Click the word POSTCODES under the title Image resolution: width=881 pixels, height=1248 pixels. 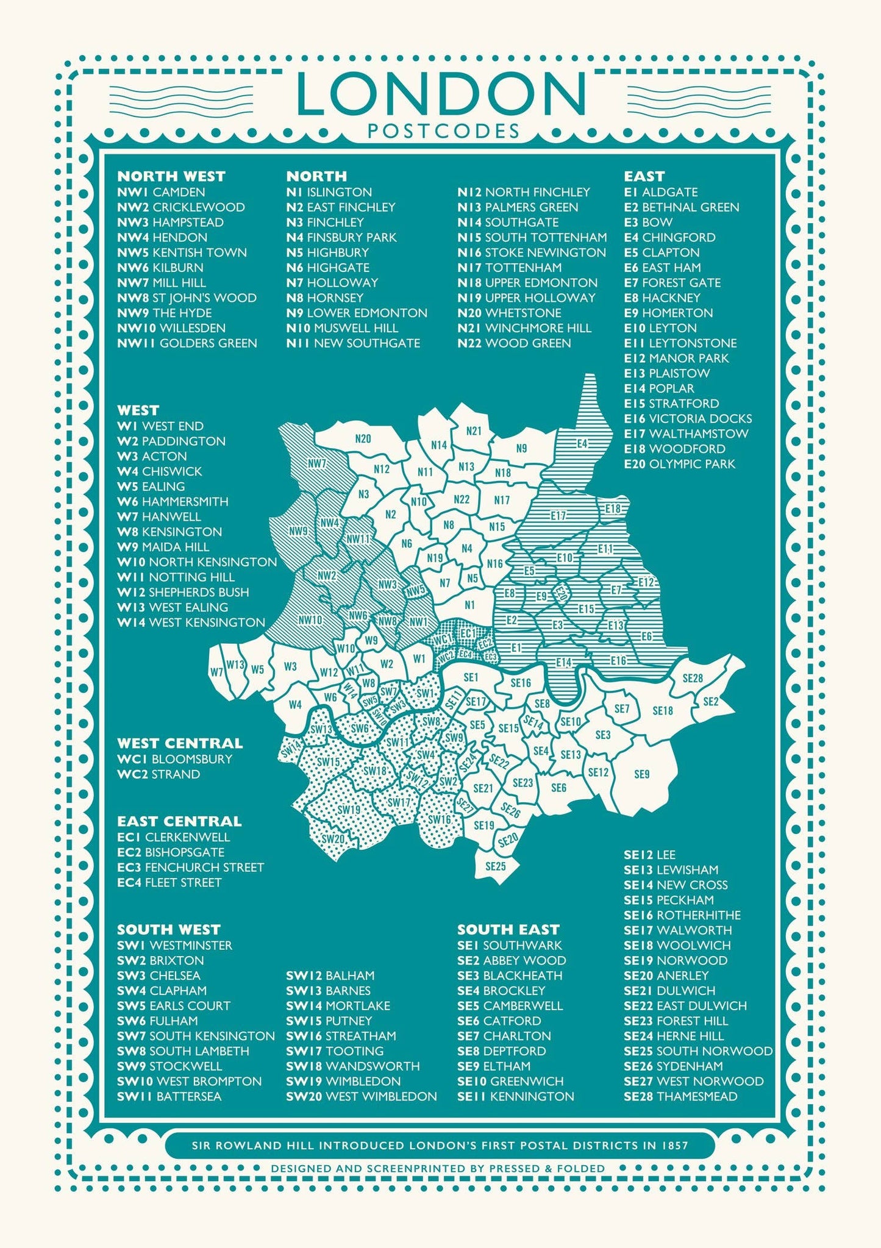(443, 131)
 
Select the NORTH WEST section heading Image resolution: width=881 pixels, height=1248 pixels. (171, 176)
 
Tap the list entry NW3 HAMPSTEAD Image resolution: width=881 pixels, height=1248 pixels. (170, 222)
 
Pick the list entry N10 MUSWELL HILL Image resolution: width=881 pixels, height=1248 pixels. (342, 328)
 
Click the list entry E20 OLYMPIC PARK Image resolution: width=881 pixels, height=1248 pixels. (679, 464)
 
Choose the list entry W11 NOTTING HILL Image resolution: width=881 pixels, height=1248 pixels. (176, 577)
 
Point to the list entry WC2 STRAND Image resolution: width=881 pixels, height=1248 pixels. (159, 774)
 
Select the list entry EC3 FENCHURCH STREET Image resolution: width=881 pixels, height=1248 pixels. (190, 867)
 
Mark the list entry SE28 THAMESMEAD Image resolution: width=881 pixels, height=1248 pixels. (680, 1096)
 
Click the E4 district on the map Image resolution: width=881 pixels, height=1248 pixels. (582, 443)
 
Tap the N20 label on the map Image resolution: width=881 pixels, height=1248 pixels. (363, 438)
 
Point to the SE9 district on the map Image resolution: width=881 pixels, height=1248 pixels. (642, 774)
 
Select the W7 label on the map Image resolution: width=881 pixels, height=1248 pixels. (216, 672)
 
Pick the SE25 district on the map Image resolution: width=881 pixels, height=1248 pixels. (496, 866)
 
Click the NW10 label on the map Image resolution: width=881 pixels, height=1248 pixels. (310, 620)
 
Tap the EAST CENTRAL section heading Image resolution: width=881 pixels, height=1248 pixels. (179, 821)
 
